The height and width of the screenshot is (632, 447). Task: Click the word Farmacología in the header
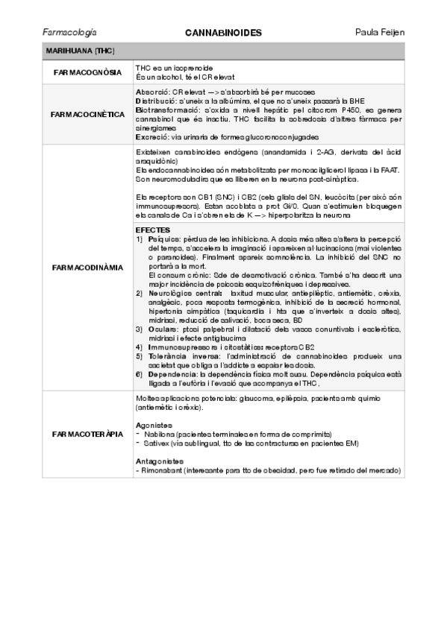[70, 34]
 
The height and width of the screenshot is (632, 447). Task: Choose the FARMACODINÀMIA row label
[87, 267]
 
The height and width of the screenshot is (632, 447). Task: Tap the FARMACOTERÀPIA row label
[87, 433]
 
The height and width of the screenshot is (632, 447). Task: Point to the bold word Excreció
[151, 137]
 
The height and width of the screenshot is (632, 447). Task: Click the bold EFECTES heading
[153, 230]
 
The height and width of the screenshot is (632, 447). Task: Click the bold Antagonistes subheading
[157, 461]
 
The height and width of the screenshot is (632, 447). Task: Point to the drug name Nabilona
[161, 434]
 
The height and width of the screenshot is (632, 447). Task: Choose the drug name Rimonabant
[166, 470]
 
